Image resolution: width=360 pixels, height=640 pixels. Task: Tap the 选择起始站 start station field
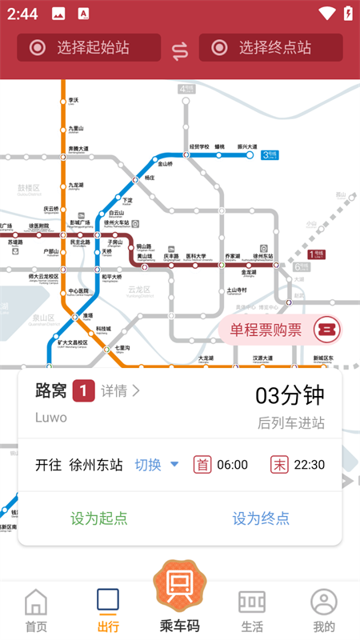point(89,47)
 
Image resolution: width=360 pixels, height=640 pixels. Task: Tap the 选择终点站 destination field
point(270,47)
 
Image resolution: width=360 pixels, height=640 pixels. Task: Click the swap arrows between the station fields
point(180,50)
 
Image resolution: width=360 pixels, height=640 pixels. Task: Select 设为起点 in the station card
point(99,518)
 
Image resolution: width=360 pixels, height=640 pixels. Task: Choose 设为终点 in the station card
point(261,518)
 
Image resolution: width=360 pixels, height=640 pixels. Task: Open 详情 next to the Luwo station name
point(121,390)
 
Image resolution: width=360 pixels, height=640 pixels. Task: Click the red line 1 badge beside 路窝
point(84,390)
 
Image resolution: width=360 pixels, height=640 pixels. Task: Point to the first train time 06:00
point(232,465)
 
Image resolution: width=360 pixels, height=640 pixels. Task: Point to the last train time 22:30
point(309,465)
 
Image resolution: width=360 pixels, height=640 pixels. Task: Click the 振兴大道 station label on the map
point(247,147)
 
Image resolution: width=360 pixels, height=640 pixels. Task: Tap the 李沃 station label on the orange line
point(73,100)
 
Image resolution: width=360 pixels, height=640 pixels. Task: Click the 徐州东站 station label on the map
point(262,256)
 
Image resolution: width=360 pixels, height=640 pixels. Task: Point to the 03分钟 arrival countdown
point(290,395)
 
